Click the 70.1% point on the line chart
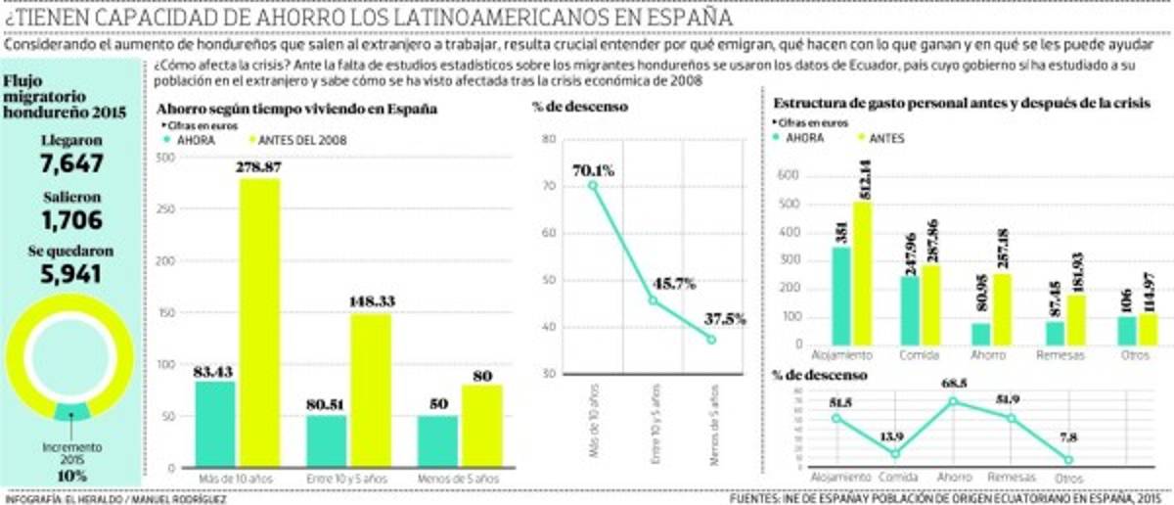coord(593,185)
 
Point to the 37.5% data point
coord(711,339)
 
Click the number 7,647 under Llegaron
coord(70,163)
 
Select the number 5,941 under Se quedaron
coord(70,275)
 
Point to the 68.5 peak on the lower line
coord(953,401)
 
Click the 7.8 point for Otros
coord(1068,459)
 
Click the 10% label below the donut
coord(70,476)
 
